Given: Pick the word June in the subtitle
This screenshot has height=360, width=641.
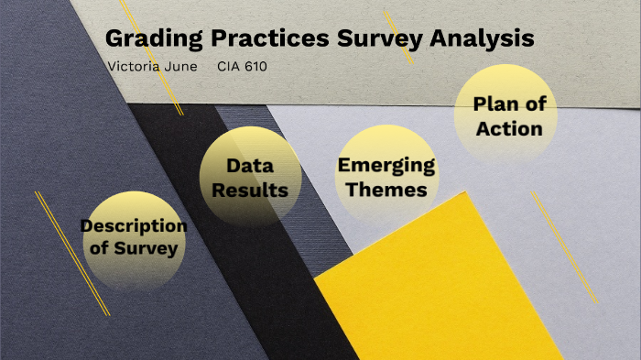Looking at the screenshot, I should click(x=184, y=67).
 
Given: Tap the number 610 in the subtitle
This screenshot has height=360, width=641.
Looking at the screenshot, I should click(x=255, y=67).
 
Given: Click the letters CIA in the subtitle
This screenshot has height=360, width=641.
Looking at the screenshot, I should click(x=227, y=67).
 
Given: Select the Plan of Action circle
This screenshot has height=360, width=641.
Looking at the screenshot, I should click(x=506, y=115).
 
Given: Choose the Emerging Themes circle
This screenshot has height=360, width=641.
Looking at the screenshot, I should click(x=386, y=176).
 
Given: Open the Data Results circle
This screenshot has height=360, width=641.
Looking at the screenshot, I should click(x=250, y=177).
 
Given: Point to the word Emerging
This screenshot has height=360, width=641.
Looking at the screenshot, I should click(x=386, y=165).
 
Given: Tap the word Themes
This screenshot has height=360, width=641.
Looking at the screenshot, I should click(x=386, y=190).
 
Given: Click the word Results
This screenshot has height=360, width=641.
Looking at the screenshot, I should click(x=250, y=191).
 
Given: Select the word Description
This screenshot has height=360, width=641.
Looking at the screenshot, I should click(x=134, y=225).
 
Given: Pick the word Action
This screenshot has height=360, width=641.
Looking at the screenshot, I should click(x=509, y=128).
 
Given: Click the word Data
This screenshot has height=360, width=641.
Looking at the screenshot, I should click(x=250, y=166).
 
